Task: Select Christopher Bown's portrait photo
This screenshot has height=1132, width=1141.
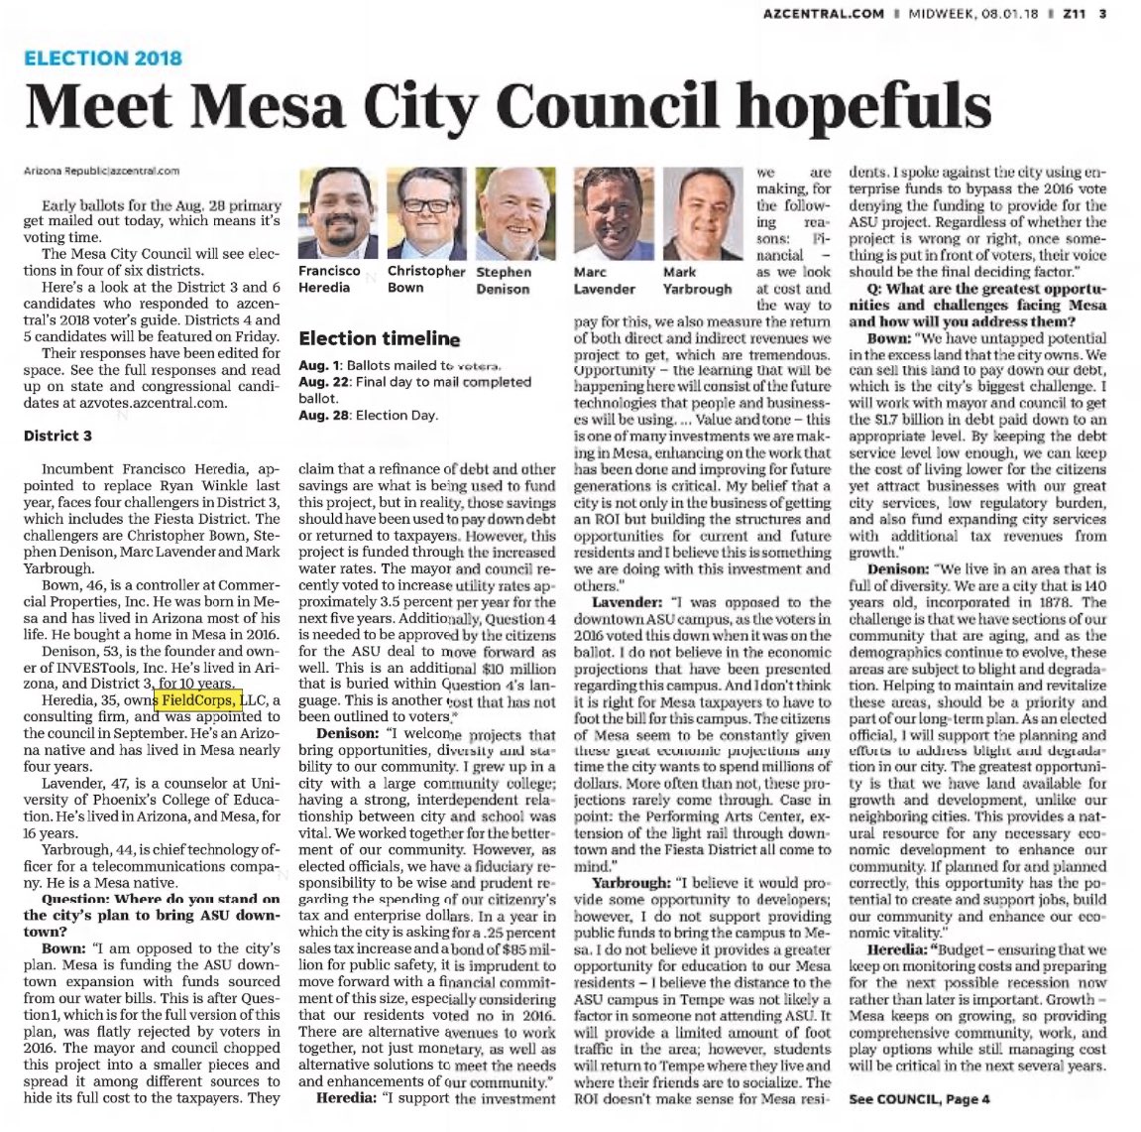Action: coord(425,212)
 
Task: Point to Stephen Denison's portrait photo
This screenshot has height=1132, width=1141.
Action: coord(515,212)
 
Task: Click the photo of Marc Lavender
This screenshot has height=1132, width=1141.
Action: coord(611,212)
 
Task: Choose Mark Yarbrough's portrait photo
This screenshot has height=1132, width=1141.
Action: coord(700,212)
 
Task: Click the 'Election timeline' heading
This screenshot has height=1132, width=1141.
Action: coord(379,338)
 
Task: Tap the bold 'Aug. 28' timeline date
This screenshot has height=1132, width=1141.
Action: coord(319,415)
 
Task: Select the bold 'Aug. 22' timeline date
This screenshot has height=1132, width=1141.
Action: coord(319,382)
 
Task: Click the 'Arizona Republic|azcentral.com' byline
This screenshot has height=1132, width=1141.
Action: coord(101,171)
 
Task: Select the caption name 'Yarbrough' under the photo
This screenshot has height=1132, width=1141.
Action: coord(697,289)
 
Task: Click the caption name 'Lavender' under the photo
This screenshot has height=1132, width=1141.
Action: coord(604,289)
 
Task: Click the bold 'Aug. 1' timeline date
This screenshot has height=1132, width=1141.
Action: coord(316,365)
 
